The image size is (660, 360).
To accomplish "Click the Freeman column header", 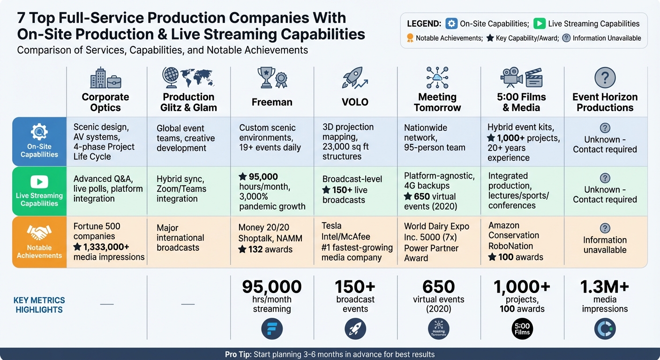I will [272, 102].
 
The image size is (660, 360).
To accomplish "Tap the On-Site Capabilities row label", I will [39, 142].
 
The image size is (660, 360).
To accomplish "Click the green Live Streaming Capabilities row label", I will [39, 191].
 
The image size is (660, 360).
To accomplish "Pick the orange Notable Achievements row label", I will [39, 242].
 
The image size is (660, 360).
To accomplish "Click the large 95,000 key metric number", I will [272, 287].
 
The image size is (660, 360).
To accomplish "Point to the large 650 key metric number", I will [438, 287].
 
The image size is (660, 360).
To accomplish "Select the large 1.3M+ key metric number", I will [605, 287].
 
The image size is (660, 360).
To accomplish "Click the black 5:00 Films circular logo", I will [522, 329].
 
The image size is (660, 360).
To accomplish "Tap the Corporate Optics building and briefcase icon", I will [105, 78].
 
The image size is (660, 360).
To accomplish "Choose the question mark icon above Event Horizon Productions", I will [605, 77].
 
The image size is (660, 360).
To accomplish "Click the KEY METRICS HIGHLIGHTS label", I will [39, 305].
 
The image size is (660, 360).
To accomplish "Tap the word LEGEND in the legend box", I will [424, 24].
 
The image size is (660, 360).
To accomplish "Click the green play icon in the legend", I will [540, 24].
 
